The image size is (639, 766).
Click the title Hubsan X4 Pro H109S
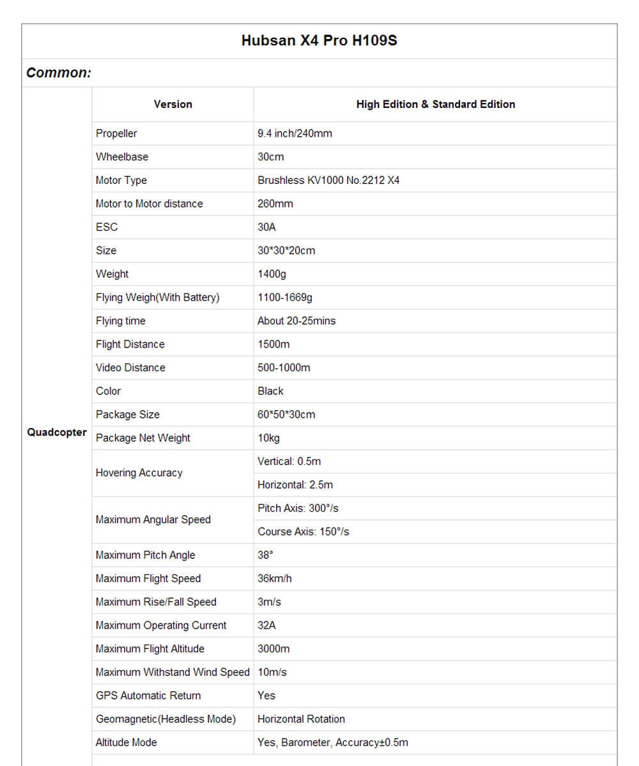pos(319,41)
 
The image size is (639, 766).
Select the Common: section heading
pos(59,73)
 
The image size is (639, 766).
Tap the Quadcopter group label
pos(57,433)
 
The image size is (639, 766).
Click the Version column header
pos(173,104)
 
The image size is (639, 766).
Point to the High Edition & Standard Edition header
pos(435,104)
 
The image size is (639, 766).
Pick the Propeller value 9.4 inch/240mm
pos(295,134)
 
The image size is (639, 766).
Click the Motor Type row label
pos(121,180)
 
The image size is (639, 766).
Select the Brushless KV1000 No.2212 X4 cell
pos(328,180)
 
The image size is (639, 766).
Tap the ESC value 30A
pos(266,227)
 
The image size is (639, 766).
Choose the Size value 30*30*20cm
pos(286,250)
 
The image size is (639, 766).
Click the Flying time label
pos(121,321)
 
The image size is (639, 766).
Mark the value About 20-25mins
pos(296,321)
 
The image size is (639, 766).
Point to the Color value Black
pos(270,391)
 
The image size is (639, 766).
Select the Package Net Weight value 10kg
pos(268,438)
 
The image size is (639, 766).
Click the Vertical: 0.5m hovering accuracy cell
pos(289,461)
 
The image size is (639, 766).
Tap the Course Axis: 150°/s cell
pos(304,532)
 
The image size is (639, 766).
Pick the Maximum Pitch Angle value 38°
pos(265,555)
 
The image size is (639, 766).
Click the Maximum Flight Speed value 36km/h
pos(275,578)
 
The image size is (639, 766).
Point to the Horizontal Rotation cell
pos(301,719)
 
